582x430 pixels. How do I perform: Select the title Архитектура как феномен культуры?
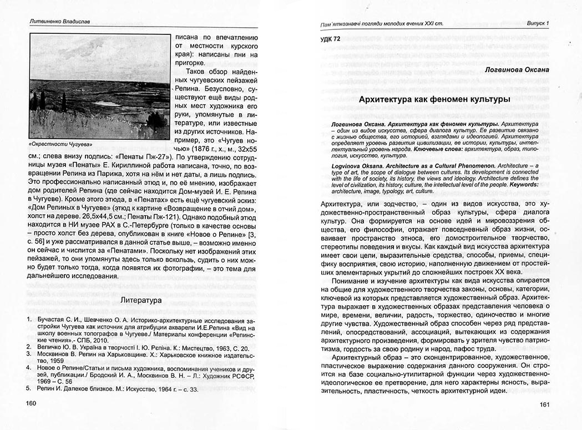tap(434, 99)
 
